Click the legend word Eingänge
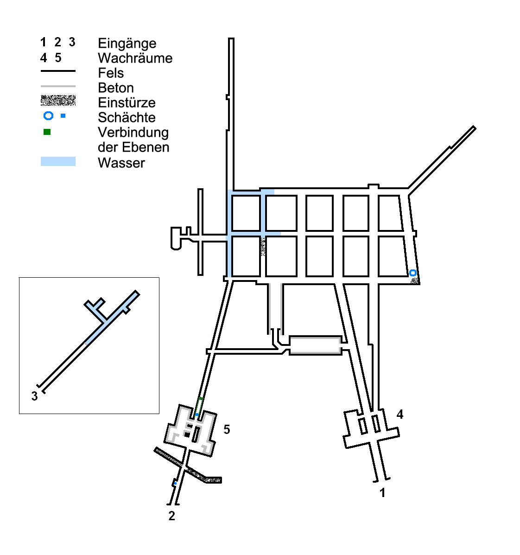127,44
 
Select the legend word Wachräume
135,58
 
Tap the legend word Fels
111,73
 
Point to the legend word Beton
116,88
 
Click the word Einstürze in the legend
127,102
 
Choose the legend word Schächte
127,117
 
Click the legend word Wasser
121,163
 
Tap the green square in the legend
47,132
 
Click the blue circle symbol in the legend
49,116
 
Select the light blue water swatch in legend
58,161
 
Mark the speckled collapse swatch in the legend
58,101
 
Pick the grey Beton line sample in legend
58,86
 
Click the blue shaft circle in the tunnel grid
412,273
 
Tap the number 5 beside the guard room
227,430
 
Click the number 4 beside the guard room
400,414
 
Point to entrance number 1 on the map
382,492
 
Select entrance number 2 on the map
172,516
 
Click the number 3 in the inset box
34,396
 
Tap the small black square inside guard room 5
187,434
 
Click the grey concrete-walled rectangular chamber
316,345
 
